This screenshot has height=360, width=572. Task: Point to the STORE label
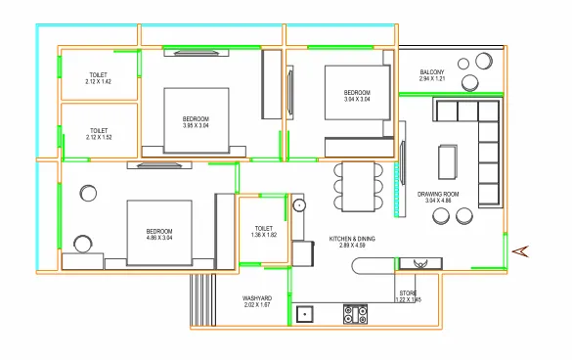[408, 292]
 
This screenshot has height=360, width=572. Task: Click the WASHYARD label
[257, 297]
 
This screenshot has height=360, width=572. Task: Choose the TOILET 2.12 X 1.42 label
[98, 73]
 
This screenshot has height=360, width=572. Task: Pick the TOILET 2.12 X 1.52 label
[98, 130]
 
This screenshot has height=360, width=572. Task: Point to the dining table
[358, 187]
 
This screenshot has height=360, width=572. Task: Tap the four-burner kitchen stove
[355, 314]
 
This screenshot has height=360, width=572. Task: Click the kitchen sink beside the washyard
[305, 315]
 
